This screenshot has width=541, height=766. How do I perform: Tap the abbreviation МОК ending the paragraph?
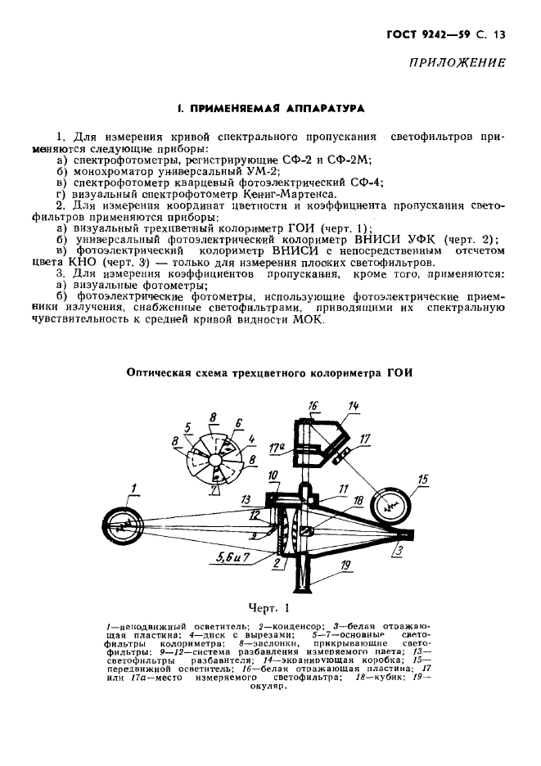[x=309, y=319]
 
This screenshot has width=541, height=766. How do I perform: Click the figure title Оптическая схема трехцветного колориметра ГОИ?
[x=270, y=372]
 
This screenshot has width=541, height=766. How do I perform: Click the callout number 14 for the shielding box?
[x=354, y=405]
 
